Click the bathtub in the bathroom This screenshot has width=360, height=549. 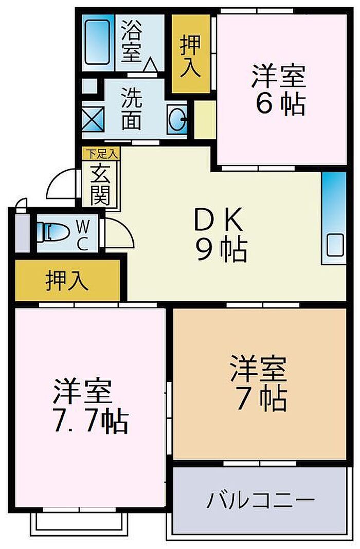[97, 42]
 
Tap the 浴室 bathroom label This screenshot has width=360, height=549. [132, 41]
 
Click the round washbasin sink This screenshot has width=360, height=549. [177, 120]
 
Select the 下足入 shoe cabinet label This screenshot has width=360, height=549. [101, 154]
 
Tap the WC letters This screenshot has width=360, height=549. [83, 235]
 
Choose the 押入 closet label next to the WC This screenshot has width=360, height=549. [67, 281]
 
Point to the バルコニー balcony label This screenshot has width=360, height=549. [261, 500]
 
